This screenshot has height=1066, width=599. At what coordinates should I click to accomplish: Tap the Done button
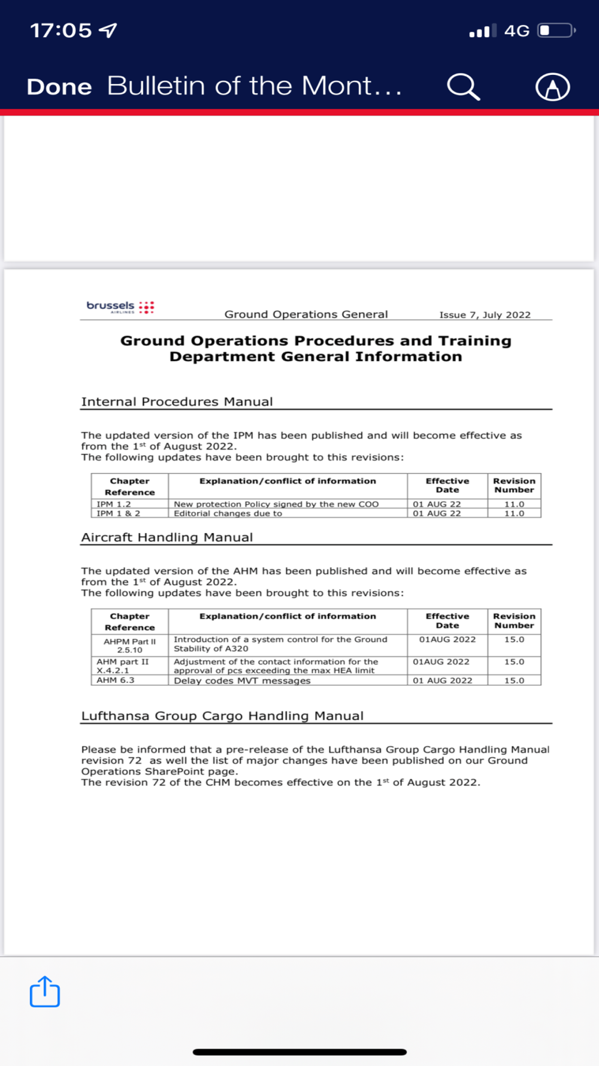(59, 87)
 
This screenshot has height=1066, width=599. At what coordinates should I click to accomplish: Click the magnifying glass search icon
(463, 87)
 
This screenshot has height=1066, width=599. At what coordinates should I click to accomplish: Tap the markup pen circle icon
(552, 87)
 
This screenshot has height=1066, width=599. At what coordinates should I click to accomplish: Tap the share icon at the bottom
(45, 992)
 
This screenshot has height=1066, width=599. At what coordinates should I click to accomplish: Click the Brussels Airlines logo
(120, 307)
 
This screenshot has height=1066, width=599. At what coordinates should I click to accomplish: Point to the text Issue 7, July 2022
(485, 315)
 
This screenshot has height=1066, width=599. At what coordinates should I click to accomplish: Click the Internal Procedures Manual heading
(177, 402)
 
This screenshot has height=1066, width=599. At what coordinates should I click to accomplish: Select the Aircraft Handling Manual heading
(167, 537)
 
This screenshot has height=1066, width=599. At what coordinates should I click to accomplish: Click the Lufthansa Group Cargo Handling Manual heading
(222, 716)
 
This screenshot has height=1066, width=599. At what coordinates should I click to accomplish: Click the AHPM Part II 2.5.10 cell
(129, 645)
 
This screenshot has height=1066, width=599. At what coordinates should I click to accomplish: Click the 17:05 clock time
(60, 30)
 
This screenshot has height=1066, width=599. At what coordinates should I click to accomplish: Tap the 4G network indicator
(516, 31)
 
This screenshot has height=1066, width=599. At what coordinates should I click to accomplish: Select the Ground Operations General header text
(306, 314)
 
